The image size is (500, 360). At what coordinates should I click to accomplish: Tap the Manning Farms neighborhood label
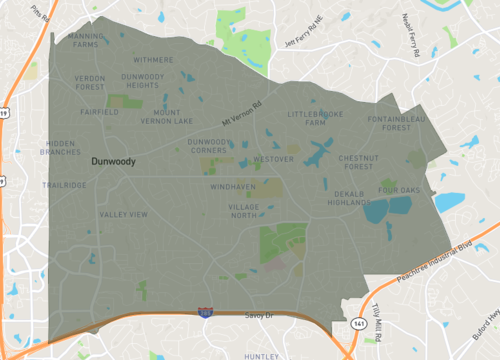coord(86,40)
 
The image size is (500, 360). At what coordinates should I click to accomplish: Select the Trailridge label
coord(65,185)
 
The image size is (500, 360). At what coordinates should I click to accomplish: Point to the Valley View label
coord(123,214)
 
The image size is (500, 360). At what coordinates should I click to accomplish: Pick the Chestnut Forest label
coord(357,161)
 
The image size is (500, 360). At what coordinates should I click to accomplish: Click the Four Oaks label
coord(399,189)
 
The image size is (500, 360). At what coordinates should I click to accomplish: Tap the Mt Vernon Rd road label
coord(241,116)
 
